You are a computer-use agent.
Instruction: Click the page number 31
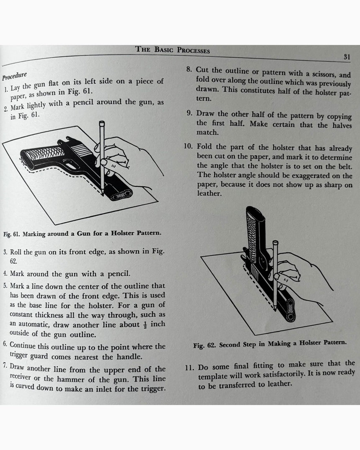pyautogui.click(x=347, y=57)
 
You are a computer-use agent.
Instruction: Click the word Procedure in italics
pyautogui.click(x=14, y=76)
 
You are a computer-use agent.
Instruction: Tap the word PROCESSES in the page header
pyautogui.click(x=193, y=51)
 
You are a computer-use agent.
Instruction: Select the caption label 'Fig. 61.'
pyautogui.click(x=12, y=234)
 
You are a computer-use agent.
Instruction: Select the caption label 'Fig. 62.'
pyautogui.click(x=204, y=345)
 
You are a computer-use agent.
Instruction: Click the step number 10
pyautogui.click(x=188, y=146)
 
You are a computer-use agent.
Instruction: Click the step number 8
pyautogui.click(x=189, y=68)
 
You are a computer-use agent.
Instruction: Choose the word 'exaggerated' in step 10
pyautogui.click(x=296, y=176)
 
